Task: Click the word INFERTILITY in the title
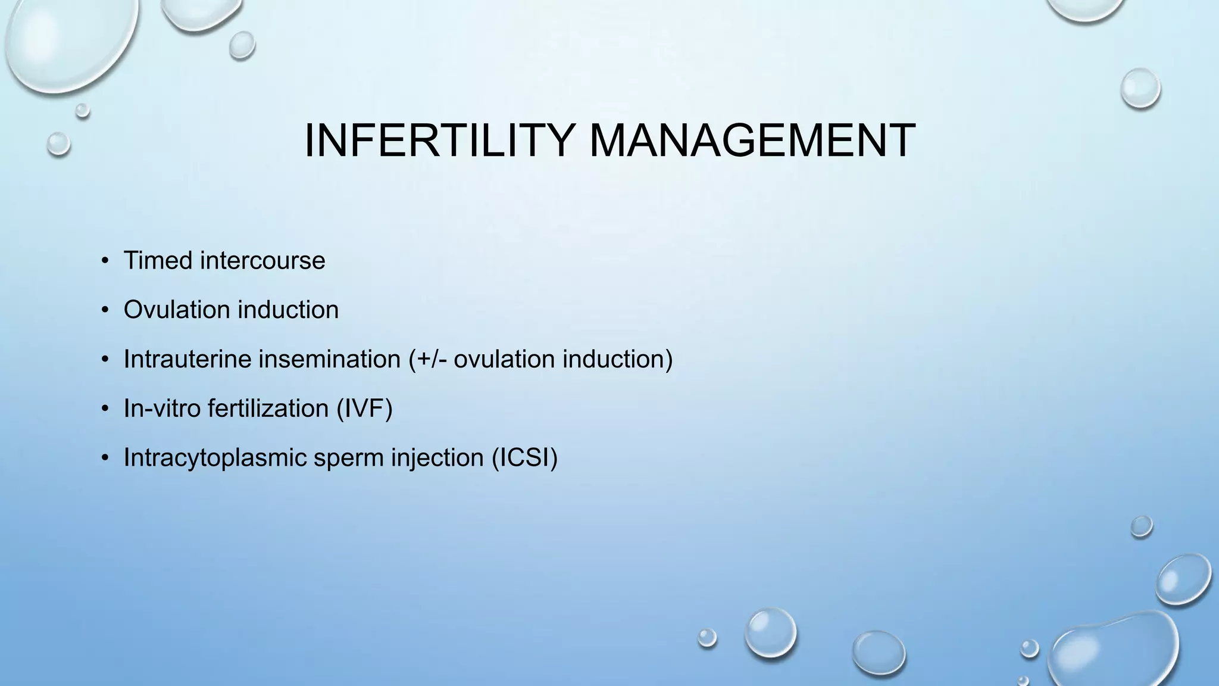(x=439, y=141)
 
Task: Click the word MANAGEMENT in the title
(x=752, y=141)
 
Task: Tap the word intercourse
(x=262, y=261)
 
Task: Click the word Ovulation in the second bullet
(x=176, y=310)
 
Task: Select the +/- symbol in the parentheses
(x=432, y=359)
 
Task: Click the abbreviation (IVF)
(x=364, y=409)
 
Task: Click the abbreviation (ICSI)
(x=524, y=458)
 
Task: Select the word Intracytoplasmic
(x=214, y=458)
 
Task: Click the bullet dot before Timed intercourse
(x=105, y=261)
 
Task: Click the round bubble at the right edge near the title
(x=1140, y=89)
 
